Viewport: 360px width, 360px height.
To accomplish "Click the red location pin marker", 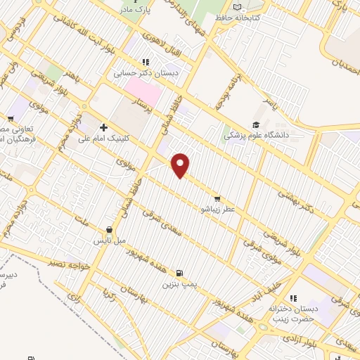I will click(x=181, y=165).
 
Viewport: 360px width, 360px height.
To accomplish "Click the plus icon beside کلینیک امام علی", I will click(x=103, y=127).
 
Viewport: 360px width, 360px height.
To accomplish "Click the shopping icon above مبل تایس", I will click(x=108, y=229).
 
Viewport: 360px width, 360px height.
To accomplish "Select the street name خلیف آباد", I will click(x=267, y=290).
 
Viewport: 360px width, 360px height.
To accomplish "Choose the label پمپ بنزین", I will click(x=177, y=285).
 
